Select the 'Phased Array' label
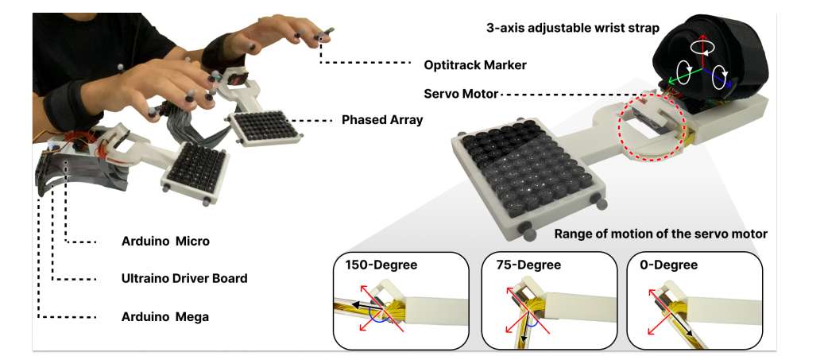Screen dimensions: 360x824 pos(382,120)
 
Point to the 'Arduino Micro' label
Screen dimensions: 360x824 pos(165,241)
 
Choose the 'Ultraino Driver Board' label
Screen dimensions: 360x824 pos(184,278)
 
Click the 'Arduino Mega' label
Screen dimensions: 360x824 pos(165,316)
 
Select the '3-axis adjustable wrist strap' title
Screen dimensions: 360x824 pos(572,28)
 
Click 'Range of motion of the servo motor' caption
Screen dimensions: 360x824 pos(660,234)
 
